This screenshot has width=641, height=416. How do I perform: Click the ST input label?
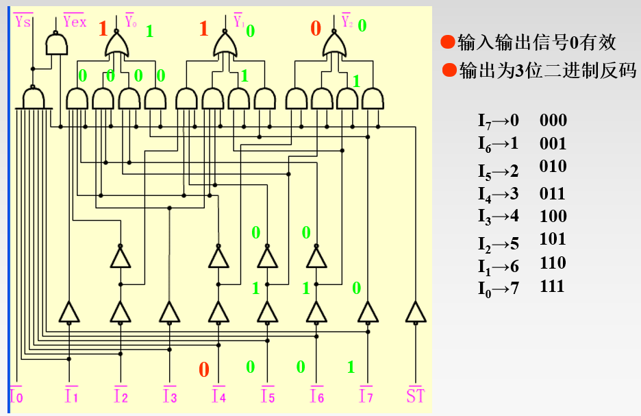pos(415,396)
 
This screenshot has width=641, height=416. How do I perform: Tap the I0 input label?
pos(16,396)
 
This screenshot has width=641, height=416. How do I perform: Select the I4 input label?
pos(218,396)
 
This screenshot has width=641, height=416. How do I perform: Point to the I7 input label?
pos(366,396)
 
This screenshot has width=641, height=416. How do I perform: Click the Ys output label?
pos(23,21)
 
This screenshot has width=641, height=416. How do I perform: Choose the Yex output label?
pos(74,21)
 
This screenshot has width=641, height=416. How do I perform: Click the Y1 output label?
pos(238,21)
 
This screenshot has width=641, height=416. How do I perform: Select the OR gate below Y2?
pos(334,47)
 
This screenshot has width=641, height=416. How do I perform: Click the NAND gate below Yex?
pos(55,45)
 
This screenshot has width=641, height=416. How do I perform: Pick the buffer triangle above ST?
pos(415,313)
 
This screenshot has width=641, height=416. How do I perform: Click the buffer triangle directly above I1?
pos(69,313)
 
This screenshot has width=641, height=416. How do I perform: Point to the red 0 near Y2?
pos(316,28)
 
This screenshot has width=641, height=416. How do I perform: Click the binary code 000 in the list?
pos(553,121)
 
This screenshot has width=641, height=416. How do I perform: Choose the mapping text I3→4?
pos(499,216)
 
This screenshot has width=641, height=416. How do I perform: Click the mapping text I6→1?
pos(499,144)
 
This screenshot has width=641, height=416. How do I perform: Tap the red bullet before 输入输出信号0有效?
pos(447,43)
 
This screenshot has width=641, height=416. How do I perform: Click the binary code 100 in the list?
pos(553,216)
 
